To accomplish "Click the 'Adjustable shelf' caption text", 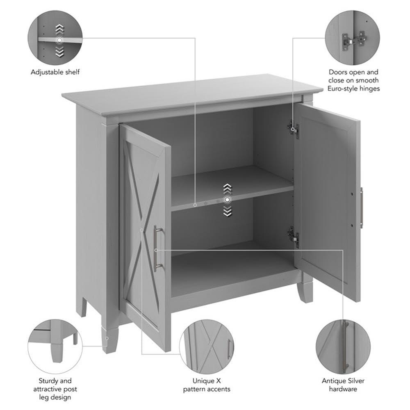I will pos(55,72).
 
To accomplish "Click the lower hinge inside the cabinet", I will pos(293,235).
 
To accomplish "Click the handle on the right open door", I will pos(361,207).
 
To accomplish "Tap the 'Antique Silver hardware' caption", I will pos(343,385).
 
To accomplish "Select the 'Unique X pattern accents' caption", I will pos(206,385).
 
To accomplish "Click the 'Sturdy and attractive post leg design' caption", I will pos(55,389).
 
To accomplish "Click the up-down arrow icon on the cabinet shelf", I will pos(227,200).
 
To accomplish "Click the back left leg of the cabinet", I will pos(82,305).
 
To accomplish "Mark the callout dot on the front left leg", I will pos(107,338).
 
